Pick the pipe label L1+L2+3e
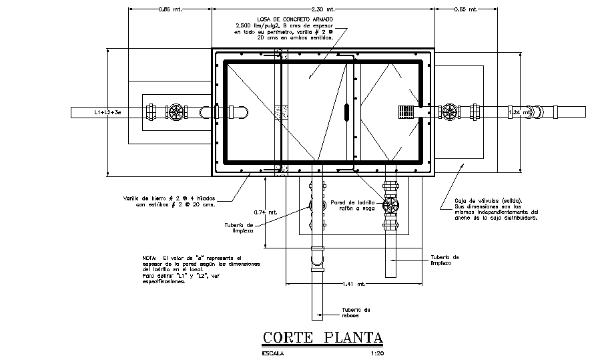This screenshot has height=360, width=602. [x=107, y=113]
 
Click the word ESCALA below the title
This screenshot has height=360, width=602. [x=273, y=353]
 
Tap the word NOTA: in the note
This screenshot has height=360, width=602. [x=149, y=258]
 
